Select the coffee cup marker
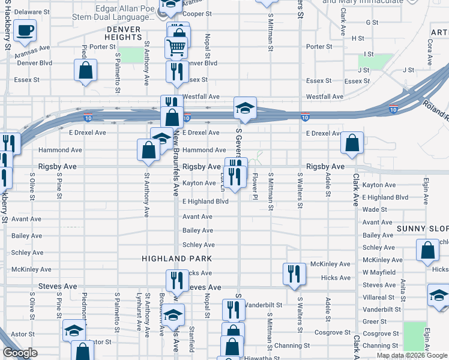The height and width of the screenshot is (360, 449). tap(25, 31)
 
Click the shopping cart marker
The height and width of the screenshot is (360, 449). tap(176, 46)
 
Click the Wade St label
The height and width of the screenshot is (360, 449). tap(375, 210)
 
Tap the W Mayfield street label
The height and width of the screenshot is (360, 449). tap(379, 272)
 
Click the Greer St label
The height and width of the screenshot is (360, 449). tap(374, 321)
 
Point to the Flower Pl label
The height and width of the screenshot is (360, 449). tap(255, 187)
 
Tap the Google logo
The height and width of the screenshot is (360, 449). tap(20, 353)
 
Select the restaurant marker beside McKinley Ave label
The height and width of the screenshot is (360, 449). tap(294, 274)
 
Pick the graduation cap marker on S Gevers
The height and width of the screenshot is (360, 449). tap(244, 109)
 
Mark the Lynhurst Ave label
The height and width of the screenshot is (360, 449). tap(139, 310)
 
